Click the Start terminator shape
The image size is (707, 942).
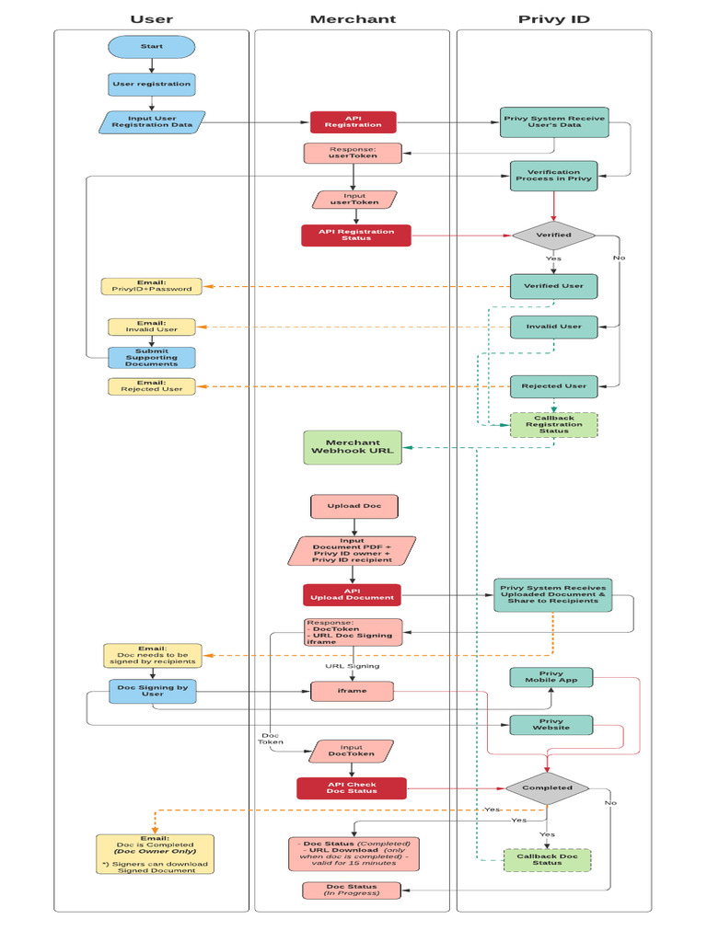[x=151, y=46]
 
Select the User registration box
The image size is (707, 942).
[x=151, y=84]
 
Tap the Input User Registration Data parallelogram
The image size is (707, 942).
[x=151, y=122]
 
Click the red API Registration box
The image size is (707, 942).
[x=353, y=122]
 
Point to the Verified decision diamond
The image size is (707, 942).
[x=553, y=235]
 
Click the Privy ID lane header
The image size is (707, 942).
[x=553, y=18]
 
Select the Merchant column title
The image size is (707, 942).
[x=353, y=18]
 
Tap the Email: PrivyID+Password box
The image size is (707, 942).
[x=151, y=286]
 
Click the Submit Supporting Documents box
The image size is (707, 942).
[x=151, y=357]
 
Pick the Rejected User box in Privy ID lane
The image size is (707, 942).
[x=553, y=385]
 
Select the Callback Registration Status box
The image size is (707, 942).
[x=553, y=424]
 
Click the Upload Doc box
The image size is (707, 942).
[x=354, y=506]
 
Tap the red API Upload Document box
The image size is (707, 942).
[x=353, y=594]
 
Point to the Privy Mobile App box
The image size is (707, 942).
[x=551, y=678]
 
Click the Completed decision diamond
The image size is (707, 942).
[x=547, y=787]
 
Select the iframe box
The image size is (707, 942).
[x=352, y=691]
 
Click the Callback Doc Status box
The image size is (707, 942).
[x=547, y=859]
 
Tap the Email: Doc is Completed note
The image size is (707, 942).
[x=155, y=854]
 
